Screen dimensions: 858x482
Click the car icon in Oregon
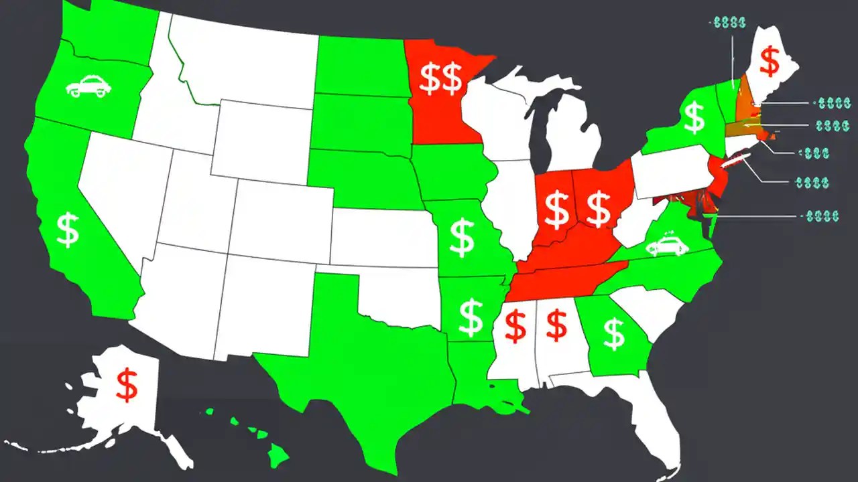pyautogui.click(x=87, y=87)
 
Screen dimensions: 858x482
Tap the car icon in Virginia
pyautogui.click(x=667, y=245)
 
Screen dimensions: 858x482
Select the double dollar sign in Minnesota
pyautogui.click(x=440, y=78)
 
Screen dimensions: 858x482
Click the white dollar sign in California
pyautogui.click(x=68, y=230)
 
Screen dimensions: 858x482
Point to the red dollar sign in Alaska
pyautogui.click(x=126, y=385)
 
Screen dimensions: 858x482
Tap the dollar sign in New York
pyautogui.click(x=694, y=118)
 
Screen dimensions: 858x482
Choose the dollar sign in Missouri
pyautogui.click(x=462, y=238)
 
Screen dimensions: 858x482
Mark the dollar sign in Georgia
pyautogui.click(x=613, y=334)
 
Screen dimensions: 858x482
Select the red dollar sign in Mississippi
pyautogui.click(x=515, y=326)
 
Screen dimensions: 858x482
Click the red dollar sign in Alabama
pyautogui.click(x=556, y=326)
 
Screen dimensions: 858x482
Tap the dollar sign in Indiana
pyautogui.click(x=556, y=208)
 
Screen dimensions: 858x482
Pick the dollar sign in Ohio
pyautogui.click(x=598, y=207)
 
